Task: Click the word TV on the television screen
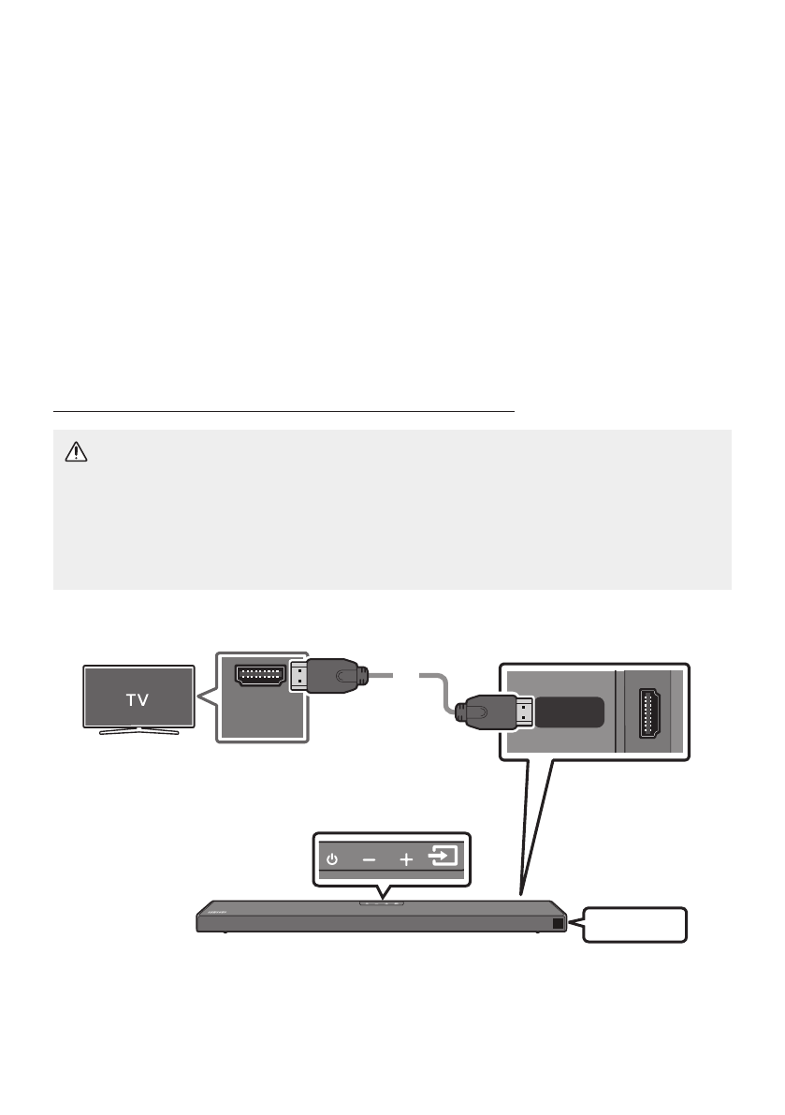(138, 698)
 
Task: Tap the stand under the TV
(138, 730)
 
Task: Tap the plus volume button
(406, 858)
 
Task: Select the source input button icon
(443, 857)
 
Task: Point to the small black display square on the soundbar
(558, 922)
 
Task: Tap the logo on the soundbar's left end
(221, 907)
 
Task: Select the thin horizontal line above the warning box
(284, 410)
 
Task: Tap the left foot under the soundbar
(224, 932)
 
